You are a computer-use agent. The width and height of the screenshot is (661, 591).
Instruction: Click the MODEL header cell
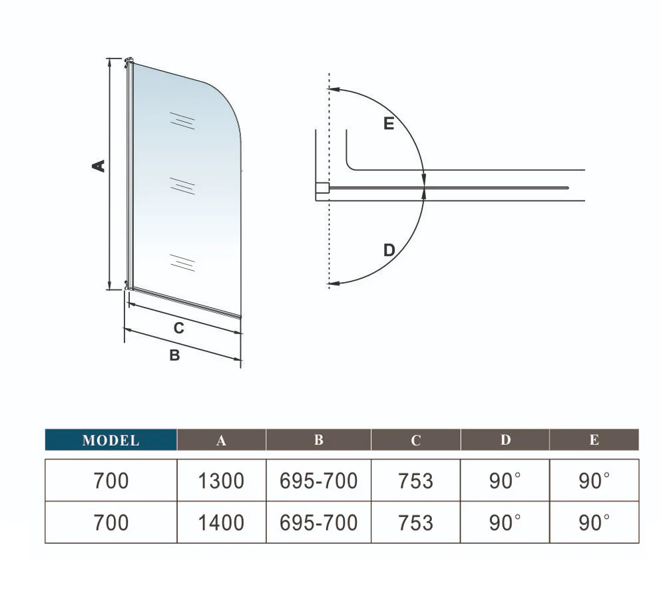pos(111,440)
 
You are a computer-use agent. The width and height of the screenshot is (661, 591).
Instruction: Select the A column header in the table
pos(221,440)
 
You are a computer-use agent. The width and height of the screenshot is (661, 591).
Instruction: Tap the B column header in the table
pos(319,440)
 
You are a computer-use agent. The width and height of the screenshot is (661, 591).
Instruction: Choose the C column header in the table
pos(415,440)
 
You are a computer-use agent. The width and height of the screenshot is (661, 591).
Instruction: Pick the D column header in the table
pos(505,440)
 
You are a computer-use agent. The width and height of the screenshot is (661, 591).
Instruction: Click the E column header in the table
pos(594,440)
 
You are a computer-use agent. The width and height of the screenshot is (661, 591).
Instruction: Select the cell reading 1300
pos(221,481)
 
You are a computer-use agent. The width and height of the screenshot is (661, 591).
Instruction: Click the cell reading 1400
pos(221,522)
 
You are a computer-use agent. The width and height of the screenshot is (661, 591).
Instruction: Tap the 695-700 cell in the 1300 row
pos(319,481)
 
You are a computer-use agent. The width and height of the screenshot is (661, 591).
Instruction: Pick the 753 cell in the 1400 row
pos(415,522)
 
